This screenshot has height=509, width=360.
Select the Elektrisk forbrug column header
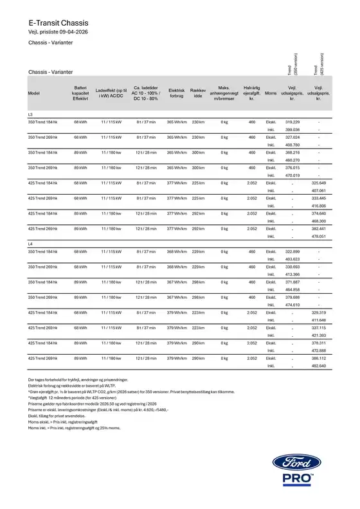tap(176, 93)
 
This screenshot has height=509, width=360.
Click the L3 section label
tap(30, 114)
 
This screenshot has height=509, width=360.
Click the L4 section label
tap(30, 244)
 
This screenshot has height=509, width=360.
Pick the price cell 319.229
tap(292, 121)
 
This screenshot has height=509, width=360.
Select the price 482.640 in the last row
tap(318, 366)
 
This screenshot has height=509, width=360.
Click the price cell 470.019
tap(292, 175)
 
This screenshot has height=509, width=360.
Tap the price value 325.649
tap(318, 183)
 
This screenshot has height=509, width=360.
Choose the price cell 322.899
tap(292, 251)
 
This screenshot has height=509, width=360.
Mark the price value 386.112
tap(318, 358)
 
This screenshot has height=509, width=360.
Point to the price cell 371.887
tap(292, 281)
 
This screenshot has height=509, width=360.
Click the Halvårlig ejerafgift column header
tap(251, 93)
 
